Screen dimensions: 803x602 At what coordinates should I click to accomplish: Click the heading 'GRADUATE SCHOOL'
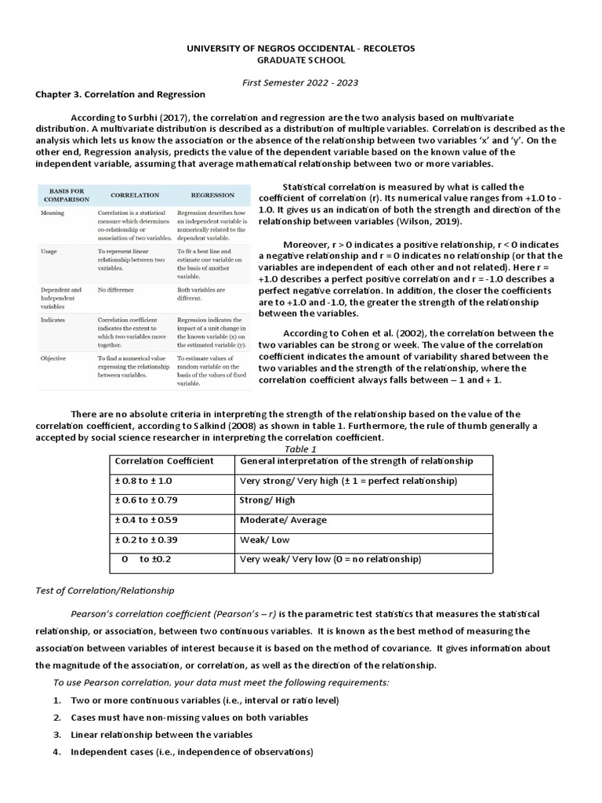(x=300, y=60)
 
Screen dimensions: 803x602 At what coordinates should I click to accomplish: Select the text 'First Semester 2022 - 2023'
(x=300, y=82)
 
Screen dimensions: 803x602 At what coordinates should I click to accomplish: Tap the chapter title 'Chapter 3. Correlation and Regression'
(x=120, y=94)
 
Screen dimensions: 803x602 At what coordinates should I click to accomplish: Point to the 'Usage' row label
(x=49, y=251)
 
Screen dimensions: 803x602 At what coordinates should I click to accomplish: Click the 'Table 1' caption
(x=300, y=449)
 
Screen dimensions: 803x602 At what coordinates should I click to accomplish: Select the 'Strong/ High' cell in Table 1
(x=267, y=500)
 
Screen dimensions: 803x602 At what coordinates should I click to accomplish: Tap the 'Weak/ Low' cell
(x=264, y=540)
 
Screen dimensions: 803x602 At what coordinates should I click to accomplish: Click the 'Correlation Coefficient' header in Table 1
(x=164, y=461)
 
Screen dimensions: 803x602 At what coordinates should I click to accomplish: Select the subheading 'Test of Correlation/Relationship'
(x=105, y=590)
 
